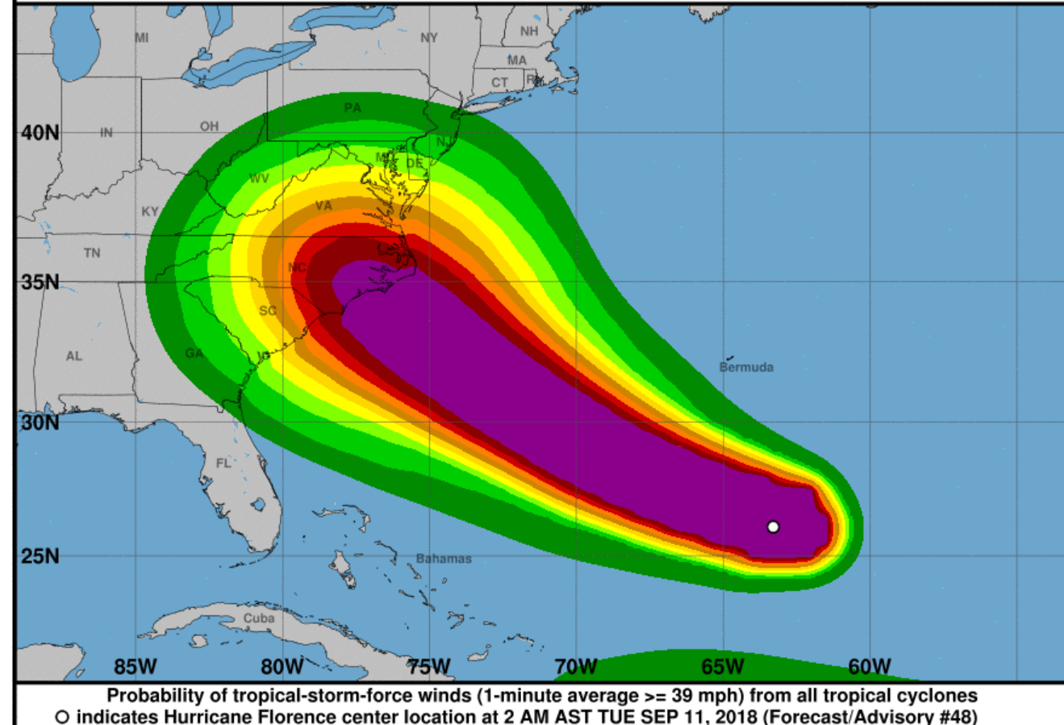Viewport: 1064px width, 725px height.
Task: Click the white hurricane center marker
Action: pos(773,527)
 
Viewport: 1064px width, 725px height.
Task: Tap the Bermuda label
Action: pos(746,367)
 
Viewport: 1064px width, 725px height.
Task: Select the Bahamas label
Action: pos(444,559)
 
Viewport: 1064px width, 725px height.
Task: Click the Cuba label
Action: pos(259,618)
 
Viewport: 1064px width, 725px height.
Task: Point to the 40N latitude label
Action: pos(40,132)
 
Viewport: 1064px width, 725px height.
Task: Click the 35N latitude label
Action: pos(40,283)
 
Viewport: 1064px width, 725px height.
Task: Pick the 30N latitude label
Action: pos(40,422)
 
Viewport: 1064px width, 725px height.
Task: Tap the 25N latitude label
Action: pos(40,556)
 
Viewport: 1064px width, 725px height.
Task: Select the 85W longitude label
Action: pos(135,667)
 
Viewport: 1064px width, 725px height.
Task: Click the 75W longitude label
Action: pos(428,667)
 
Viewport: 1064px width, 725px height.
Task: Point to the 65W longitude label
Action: pos(722,667)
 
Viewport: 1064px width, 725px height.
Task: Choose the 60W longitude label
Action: pos(869,667)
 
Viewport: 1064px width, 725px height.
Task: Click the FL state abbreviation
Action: pos(223,463)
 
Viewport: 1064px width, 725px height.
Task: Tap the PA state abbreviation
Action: pos(353,108)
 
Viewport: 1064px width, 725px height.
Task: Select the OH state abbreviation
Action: pos(209,127)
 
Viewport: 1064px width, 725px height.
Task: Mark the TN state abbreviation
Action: pos(92,254)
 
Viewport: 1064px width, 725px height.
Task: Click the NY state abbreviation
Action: pos(428,38)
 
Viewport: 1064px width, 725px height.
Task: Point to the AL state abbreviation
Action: pos(74,356)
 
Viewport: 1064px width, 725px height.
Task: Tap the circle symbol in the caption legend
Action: pos(62,717)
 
